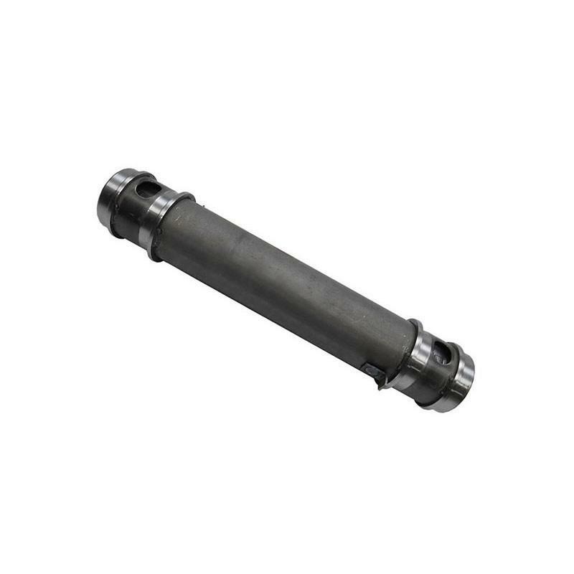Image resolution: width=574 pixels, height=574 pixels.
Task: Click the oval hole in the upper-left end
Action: (149, 189)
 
